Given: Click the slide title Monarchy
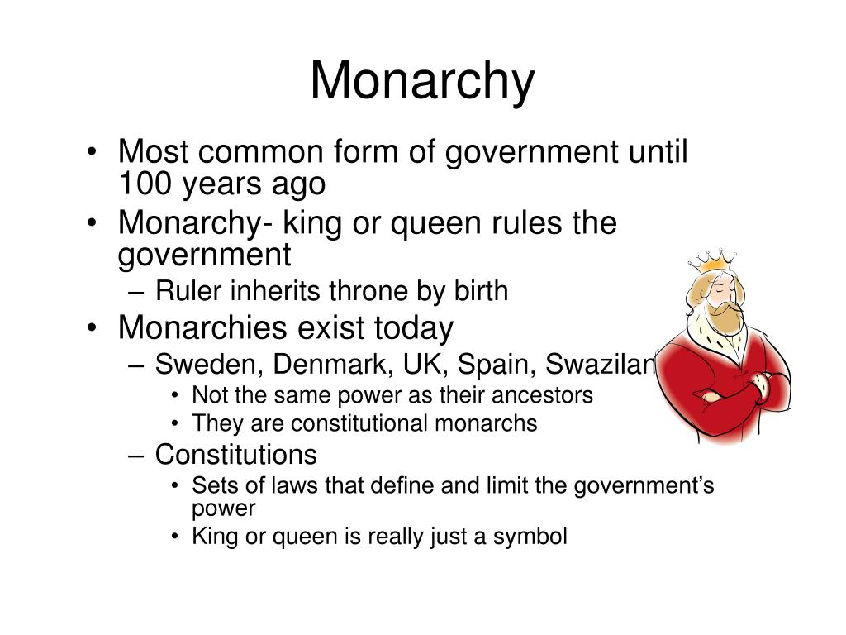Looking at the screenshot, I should (x=422, y=81).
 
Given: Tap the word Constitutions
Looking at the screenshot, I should (x=236, y=454).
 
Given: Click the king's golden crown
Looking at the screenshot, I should (x=711, y=261).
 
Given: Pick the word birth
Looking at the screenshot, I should (x=481, y=291).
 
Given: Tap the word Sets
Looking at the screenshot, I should (x=209, y=485).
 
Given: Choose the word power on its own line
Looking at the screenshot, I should (x=224, y=508).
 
